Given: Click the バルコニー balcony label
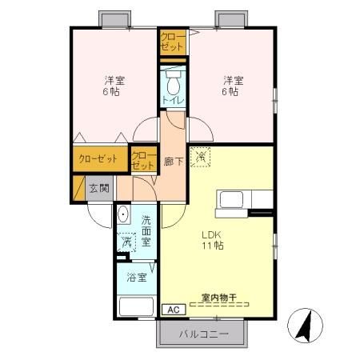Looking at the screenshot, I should pos(204,333).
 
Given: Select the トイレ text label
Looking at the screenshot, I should pos(173,100).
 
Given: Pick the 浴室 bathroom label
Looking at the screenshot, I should pos(137,278).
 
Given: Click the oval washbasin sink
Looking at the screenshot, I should pos(123,214).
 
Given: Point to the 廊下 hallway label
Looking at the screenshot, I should pos(172,162).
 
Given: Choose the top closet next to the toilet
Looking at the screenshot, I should pos(172,42).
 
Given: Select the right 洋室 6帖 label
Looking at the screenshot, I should pos(231,86).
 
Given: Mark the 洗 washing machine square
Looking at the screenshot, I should pos(126,242).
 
